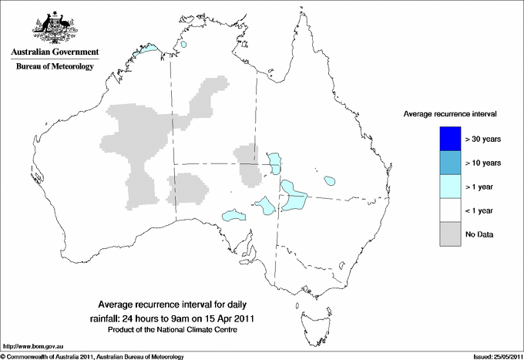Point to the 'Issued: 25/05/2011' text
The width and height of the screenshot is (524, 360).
(x=493, y=356)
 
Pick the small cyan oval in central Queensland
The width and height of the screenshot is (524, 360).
(x=331, y=181)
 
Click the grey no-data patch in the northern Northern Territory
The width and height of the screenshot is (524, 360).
(x=210, y=96)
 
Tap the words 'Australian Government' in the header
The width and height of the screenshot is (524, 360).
(x=55, y=52)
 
